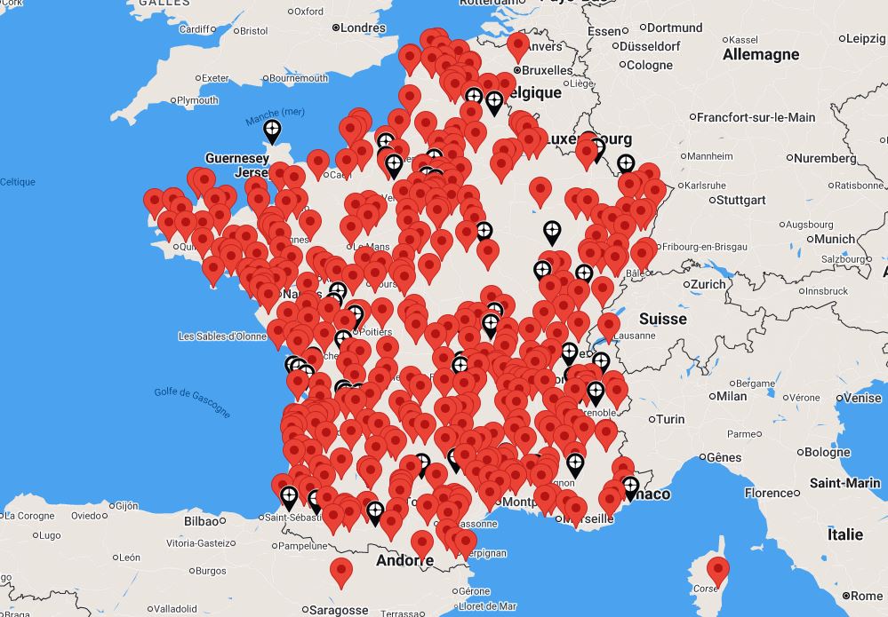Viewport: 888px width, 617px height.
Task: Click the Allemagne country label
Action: click(761, 54)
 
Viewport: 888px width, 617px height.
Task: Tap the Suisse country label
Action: click(662, 319)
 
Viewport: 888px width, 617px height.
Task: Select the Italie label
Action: click(844, 534)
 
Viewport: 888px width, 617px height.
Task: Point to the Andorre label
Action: click(404, 560)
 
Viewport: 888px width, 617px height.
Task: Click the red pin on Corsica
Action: click(717, 569)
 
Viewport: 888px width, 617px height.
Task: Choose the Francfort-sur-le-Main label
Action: click(756, 117)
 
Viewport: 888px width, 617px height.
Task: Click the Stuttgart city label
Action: click(740, 200)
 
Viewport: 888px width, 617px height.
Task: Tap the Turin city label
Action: click(670, 419)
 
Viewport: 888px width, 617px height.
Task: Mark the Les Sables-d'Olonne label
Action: click(222, 336)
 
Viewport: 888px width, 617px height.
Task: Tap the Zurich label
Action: click(708, 284)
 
